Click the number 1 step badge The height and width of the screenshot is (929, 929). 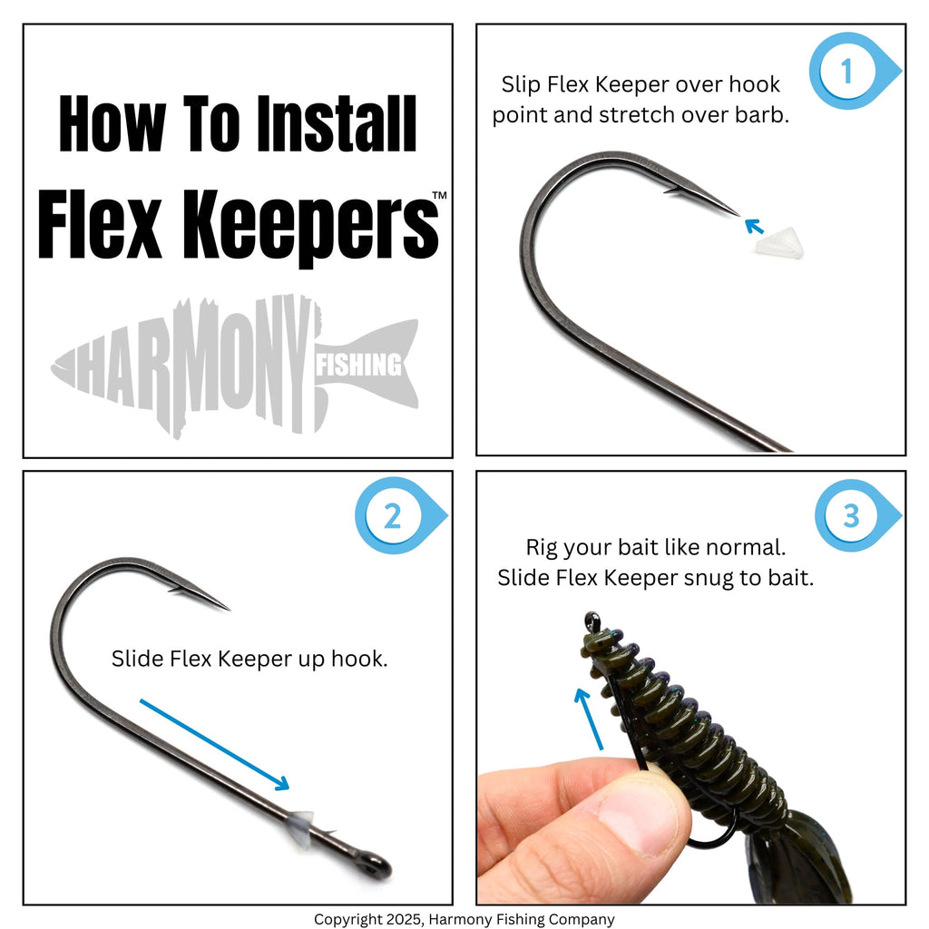[x=854, y=71]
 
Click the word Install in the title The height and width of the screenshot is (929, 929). [x=337, y=124]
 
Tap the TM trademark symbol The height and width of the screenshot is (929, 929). [x=439, y=195]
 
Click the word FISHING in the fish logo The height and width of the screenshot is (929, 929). [x=358, y=365]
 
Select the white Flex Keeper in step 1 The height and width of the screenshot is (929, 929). [x=778, y=243]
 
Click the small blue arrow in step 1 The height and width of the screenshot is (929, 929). [x=754, y=226]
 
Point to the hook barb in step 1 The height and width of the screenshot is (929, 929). [x=671, y=191]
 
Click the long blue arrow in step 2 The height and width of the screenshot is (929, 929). [x=214, y=745]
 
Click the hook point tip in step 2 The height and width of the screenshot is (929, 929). [x=229, y=609]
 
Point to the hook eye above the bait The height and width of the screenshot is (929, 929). [x=592, y=622]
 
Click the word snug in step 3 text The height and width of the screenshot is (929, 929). [x=708, y=578]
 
